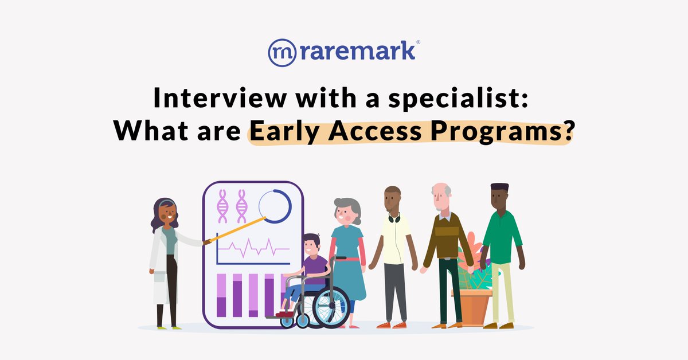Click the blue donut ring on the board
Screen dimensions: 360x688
click(x=275, y=206)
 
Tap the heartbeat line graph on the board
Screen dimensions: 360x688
click(x=253, y=250)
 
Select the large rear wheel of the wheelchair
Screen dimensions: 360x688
click(x=331, y=306)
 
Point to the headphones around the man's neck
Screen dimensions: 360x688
click(x=394, y=217)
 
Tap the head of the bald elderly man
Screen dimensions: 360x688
click(x=440, y=198)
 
